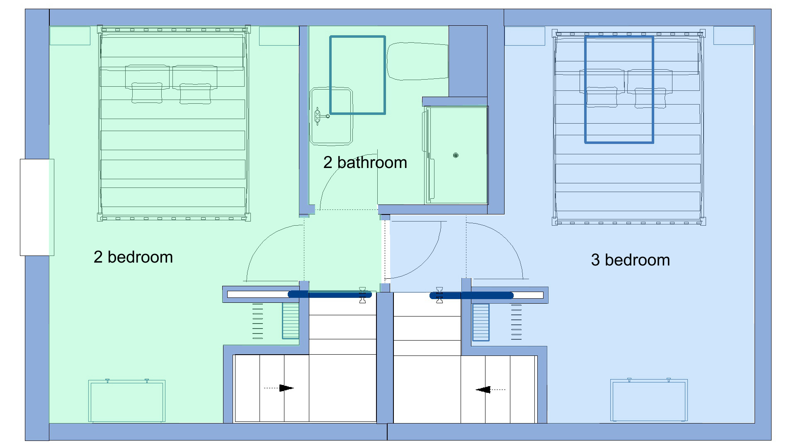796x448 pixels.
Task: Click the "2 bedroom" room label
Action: tap(133, 257)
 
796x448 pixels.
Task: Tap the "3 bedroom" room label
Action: tap(630, 260)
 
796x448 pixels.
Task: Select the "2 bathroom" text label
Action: tap(365, 163)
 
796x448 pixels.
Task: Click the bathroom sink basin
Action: tap(331, 116)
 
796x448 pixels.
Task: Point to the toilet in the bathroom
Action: tap(417, 61)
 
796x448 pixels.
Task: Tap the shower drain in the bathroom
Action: tap(456, 155)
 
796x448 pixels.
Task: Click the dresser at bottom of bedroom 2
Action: tap(127, 401)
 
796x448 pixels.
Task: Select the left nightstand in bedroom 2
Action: tap(70, 36)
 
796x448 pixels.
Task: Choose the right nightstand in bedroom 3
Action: tap(733, 36)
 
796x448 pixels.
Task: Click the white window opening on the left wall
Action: tap(37, 207)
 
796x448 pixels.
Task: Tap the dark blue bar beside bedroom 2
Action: tap(330, 295)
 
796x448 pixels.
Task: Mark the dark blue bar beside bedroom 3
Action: tap(471, 295)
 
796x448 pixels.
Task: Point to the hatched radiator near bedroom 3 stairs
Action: tap(481, 322)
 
